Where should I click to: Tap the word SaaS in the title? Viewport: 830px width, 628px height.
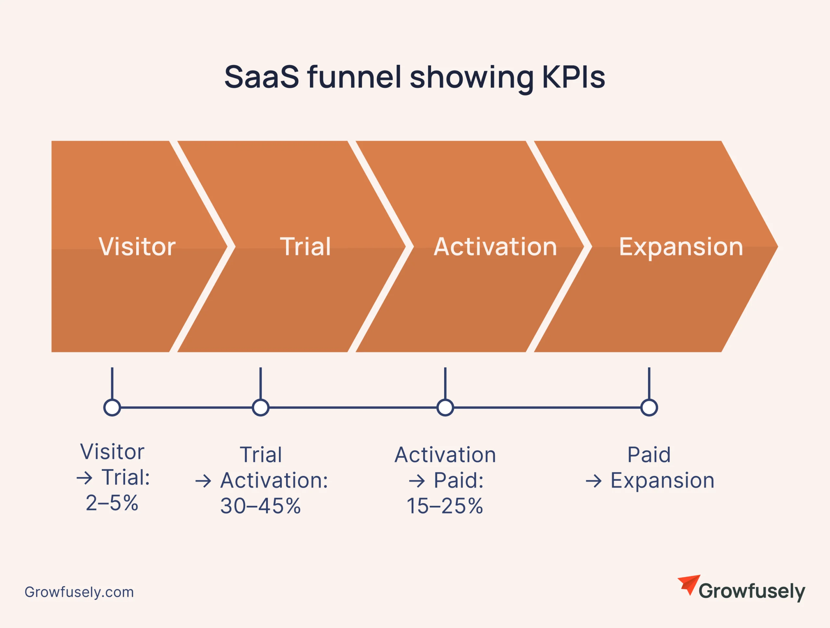tap(262, 77)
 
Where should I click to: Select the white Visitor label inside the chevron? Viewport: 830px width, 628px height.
tap(137, 246)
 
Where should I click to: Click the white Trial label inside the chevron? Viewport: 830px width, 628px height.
tap(305, 246)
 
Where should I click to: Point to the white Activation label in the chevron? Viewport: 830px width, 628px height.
tap(495, 246)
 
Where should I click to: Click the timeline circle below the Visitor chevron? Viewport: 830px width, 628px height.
tap(112, 408)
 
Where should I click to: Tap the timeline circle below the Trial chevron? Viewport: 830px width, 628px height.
tap(260, 408)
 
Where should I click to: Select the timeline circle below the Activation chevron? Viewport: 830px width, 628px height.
tap(445, 408)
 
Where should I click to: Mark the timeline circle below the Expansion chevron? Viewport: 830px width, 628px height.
tap(649, 408)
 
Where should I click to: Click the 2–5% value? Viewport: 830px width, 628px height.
tap(112, 503)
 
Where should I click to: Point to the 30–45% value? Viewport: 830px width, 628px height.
tap(260, 506)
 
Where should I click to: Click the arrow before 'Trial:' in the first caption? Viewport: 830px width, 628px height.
tap(84, 478)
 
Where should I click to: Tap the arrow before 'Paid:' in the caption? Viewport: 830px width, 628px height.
tap(417, 481)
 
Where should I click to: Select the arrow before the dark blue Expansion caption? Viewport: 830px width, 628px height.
tap(594, 481)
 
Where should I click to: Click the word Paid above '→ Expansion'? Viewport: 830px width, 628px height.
tap(649, 455)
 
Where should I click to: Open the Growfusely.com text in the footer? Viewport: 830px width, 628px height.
tap(79, 592)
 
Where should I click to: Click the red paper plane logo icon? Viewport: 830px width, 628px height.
tap(690, 584)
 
